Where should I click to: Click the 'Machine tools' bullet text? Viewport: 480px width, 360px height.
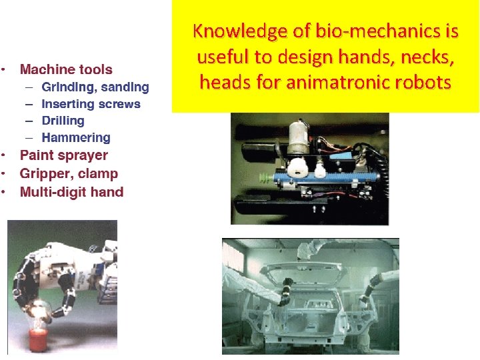[66, 69]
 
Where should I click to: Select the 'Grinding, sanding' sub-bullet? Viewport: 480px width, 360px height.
[95, 87]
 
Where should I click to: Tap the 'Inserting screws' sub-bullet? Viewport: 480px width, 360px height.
[91, 104]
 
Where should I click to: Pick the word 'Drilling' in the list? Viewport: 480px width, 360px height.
[63, 121]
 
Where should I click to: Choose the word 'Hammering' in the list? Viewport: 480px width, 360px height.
[75, 138]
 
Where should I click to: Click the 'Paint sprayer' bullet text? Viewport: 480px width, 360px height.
[64, 155]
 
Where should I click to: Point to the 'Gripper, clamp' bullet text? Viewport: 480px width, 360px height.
[69, 174]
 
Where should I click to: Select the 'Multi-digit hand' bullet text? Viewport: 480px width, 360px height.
[71, 192]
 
